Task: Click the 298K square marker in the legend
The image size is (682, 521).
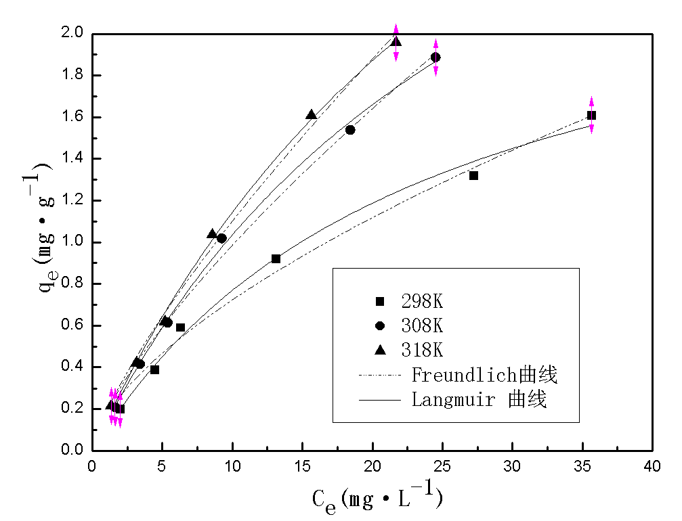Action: (x=380, y=301)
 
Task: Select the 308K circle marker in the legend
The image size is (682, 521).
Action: (x=380, y=325)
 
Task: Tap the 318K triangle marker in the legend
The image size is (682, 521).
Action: (x=380, y=350)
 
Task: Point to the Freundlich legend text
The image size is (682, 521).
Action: (x=484, y=374)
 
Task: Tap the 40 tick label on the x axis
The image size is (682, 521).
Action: (x=652, y=467)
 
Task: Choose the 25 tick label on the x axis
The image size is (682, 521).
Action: (x=442, y=467)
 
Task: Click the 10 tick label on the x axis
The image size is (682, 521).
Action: (x=232, y=467)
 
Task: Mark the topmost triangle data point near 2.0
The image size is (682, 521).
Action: (x=396, y=42)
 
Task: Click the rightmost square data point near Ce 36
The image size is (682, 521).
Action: (x=591, y=115)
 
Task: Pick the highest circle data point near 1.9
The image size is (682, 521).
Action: (x=435, y=58)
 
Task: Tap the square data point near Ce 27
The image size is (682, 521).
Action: (x=473, y=175)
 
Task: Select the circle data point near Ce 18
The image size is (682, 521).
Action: (x=350, y=130)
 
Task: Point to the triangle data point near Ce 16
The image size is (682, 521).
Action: (x=311, y=115)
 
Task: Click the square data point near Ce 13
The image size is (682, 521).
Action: (x=276, y=258)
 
